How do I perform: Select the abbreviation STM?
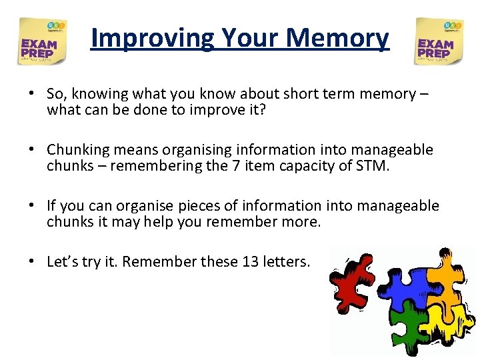(371, 165)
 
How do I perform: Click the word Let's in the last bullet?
(61, 262)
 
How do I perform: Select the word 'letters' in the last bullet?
(287, 262)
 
